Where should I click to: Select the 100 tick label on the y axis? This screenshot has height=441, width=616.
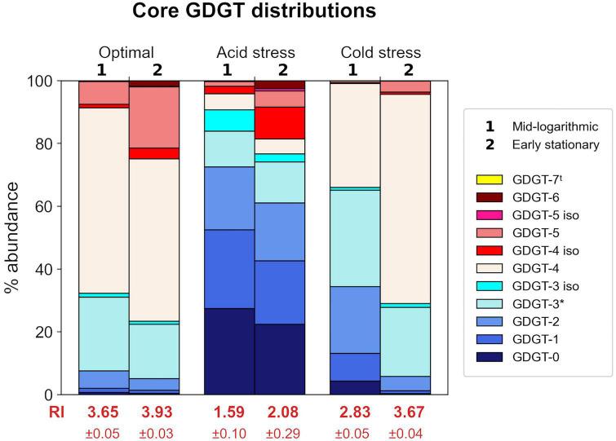coord(51,82)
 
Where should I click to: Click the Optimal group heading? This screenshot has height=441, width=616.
coord(126,53)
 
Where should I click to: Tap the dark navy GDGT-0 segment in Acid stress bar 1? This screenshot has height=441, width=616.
coord(228,351)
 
